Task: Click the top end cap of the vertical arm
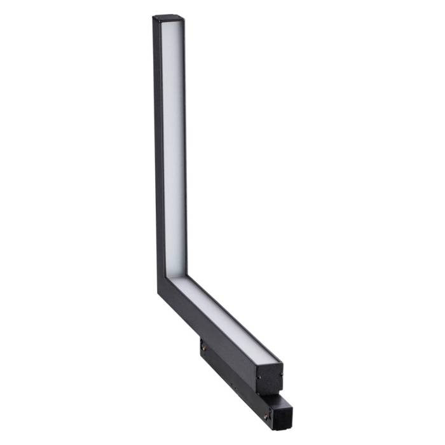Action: [168, 18]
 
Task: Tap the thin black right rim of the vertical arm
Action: [185, 146]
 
